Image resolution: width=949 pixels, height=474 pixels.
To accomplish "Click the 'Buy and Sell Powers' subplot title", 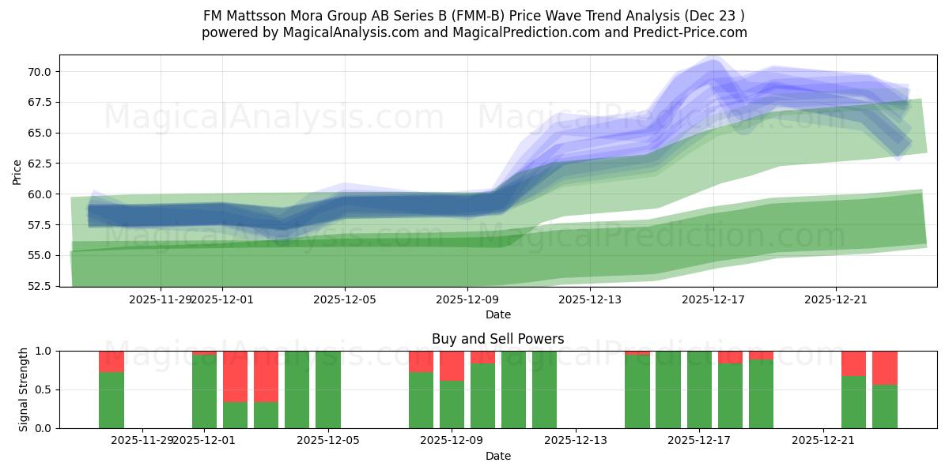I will click(x=497, y=339).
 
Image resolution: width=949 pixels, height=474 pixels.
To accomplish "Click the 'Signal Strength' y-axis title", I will click(x=24, y=389).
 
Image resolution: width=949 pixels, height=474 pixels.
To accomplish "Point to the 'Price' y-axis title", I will click(x=17, y=171).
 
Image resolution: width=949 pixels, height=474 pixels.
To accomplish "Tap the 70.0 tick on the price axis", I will click(x=40, y=72).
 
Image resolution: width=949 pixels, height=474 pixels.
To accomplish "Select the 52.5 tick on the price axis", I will click(x=40, y=286).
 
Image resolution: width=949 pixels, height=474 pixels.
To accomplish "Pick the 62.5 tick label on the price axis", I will click(x=40, y=164).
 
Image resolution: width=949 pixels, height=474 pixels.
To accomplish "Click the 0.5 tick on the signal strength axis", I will click(x=43, y=389).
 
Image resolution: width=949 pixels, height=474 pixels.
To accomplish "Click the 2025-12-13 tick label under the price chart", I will click(x=590, y=299).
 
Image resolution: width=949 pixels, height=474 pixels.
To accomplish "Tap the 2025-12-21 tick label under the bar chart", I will click(x=823, y=440).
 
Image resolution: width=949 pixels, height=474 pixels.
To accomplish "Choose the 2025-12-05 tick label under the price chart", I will click(x=345, y=299).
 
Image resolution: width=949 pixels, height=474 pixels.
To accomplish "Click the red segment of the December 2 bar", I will click(x=235, y=376).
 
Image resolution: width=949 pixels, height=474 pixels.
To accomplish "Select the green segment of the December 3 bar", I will click(x=266, y=415).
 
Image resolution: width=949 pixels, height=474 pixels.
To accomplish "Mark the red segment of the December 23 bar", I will click(x=884, y=367).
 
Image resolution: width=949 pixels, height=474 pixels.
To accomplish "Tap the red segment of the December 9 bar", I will click(x=452, y=366).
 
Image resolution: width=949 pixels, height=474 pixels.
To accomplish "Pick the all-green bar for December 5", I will click(x=328, y=389).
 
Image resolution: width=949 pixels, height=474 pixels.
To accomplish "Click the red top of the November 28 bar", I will click(x=112, y=361).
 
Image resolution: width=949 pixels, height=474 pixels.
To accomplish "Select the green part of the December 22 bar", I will click(x=853, y=402).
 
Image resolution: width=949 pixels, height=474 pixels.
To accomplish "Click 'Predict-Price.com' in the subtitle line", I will click(x=692, y=32).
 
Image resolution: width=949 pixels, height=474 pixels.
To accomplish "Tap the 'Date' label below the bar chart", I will click(x=497, y=456).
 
